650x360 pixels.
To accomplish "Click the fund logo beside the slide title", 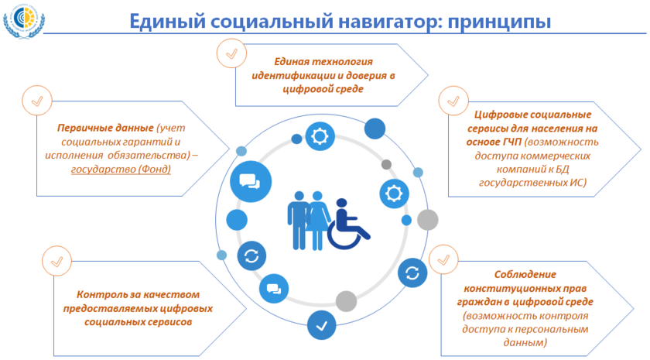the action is pyautogui.click(x=24, y=21).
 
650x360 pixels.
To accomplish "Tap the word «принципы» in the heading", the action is pyautogui.click(x=499, y=22).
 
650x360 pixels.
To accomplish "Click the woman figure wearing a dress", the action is pyautogui.click(x=317, y=220).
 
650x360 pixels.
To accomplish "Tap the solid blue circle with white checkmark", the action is pyautogui.click(x=322, y=325).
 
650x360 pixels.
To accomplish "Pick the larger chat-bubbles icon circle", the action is pyautogui.click(x=251, y=182).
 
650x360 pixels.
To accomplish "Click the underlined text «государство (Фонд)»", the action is pyautogui.click(x=121, y=170).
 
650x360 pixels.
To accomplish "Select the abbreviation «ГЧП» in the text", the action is pyautogui.click(x=511, y=142).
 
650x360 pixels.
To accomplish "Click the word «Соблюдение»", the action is pyautogui.click(x=525, y=274).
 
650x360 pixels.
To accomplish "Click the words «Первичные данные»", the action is pyautogui.click(x=105, y=128).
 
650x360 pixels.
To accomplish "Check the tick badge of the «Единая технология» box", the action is pyautogui.click(x=231, y=53).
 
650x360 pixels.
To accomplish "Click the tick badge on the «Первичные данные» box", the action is pyautogui.click(x=37, y=101).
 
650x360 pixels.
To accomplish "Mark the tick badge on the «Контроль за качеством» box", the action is pyautogui.click(x=56, y=262).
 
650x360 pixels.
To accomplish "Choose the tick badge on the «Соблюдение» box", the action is pyautogui.click(x=443, y=259).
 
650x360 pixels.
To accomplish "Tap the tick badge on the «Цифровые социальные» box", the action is pyautogui.click(x=453, y=101).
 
